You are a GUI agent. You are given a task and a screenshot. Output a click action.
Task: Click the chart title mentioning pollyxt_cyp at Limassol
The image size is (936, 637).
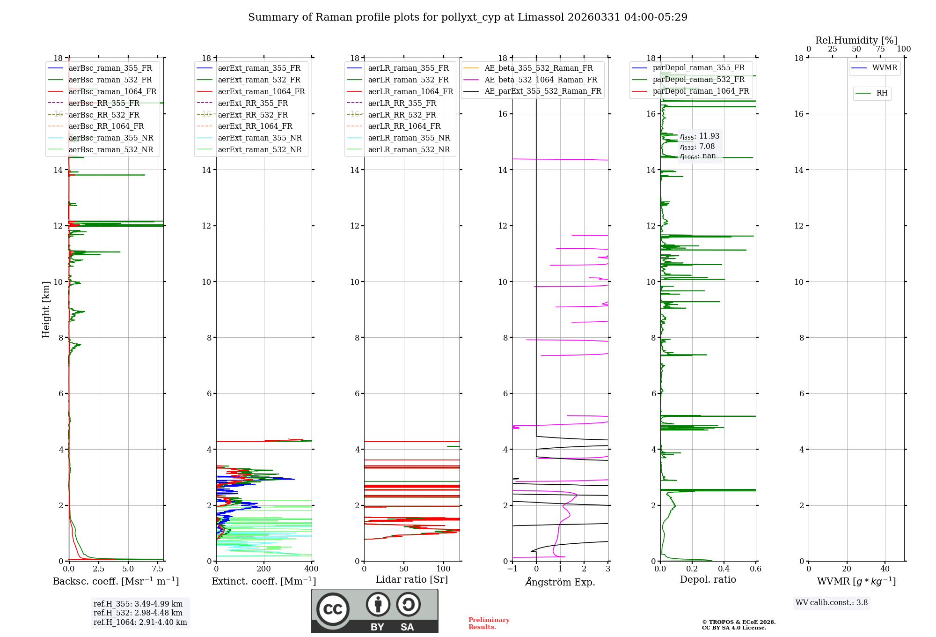(x=468, y=17)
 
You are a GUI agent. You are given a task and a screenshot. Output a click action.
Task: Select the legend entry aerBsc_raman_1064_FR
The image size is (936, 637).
(x=112, y=91)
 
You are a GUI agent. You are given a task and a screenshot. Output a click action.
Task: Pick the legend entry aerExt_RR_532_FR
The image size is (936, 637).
(x=253, y=115)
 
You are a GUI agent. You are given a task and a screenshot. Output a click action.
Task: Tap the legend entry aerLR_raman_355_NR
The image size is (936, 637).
(x=409, y=138)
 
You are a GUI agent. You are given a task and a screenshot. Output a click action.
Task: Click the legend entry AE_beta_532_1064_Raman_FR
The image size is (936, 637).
(x=541, y=80)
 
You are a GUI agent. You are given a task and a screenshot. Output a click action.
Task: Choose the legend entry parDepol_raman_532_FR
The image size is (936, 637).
(x=698, y=80)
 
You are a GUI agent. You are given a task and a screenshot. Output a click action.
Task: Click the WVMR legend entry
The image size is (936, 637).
(x=885, y=68)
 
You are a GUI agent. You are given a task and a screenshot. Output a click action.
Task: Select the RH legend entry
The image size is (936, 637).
(x=882, y=93)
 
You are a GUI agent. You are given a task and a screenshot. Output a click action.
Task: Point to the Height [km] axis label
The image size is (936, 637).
(x=46, y=309)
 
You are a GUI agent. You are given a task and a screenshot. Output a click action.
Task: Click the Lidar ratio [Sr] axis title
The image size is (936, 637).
(x=412, y=579)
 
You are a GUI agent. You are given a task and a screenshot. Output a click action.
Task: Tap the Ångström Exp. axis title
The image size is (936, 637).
(x=560, y=582)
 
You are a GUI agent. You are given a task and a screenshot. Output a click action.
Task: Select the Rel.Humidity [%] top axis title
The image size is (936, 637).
(x=856, y=40)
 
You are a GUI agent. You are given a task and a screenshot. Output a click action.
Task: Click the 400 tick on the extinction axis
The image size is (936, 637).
(x=312, y=569)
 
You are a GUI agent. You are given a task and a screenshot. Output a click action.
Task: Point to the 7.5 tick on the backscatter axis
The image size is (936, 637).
(x=158, y=569)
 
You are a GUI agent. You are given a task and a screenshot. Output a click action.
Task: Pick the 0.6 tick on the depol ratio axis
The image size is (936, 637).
(x=756, y=569)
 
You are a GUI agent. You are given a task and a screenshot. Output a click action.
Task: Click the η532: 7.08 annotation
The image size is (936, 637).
(x=697, y=147)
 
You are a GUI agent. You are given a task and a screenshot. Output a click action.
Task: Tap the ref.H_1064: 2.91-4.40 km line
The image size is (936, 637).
(x=140, y=622)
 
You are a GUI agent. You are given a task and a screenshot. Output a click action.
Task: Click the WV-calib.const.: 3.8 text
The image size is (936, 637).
(x=832, y=602)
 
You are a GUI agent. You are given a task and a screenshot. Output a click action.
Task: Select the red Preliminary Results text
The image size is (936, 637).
(x=489, y=623)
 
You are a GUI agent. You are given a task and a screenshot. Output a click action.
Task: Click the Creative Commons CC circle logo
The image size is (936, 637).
(x=333, y=609)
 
